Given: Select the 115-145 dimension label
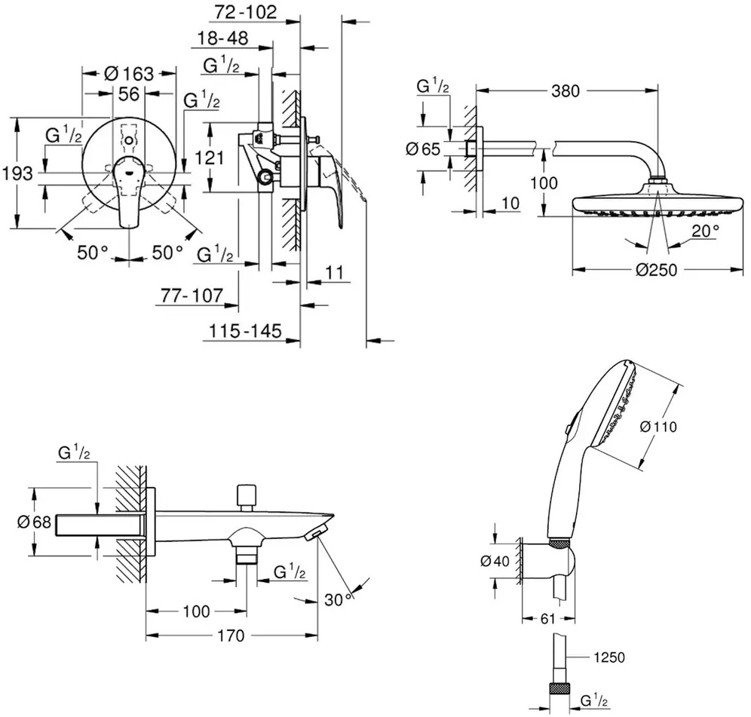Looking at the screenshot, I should [245, 331].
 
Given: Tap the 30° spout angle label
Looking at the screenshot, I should [339, 599].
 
